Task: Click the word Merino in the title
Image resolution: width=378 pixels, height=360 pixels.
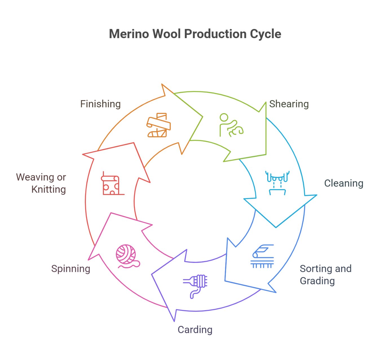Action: pos(129,34)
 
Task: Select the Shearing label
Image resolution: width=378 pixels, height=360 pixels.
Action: pos(289,104)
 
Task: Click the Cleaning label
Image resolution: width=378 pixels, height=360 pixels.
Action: pos(343,183)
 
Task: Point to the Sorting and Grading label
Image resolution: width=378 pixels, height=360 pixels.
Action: pos(325,275)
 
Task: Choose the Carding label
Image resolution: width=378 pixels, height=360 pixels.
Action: pos(195,330)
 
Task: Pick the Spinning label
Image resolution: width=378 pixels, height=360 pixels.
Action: pos(70,269)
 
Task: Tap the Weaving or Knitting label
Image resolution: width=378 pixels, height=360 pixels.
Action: pos(41,183)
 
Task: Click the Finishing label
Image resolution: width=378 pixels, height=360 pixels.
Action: pos(100,104)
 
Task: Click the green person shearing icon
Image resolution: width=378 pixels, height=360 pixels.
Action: pos(231,125)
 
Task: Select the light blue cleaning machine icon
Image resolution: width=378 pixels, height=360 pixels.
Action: pos(277,183)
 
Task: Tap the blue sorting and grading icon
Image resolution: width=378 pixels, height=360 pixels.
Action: pos(262,256)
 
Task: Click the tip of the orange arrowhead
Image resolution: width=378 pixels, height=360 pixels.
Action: pos(202,116)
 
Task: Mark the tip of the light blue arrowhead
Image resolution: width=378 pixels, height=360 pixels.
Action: pos(276,227)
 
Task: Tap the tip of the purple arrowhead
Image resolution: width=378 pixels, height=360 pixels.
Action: pos(152,274)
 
